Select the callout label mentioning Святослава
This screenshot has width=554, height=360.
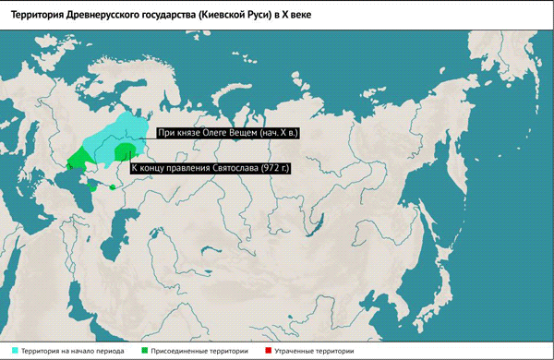coord(210,168)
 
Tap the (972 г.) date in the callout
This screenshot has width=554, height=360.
coord(274,168)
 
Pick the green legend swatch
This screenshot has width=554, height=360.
coord(145,351)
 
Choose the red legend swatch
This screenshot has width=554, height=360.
coord(269,351)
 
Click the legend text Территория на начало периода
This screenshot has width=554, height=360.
coord(74,351)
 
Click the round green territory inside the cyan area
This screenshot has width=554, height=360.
coord(124,150)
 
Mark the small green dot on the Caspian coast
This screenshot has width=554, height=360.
coord(113,187)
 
